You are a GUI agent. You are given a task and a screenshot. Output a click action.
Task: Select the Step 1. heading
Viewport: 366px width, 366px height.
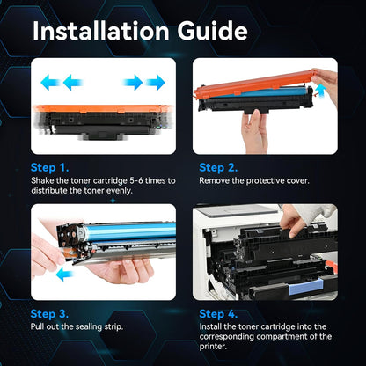(x=51, y=167)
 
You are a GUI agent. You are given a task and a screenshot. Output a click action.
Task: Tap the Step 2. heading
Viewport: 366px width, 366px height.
(x=218, y=167)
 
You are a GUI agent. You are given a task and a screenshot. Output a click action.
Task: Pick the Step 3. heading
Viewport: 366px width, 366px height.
(x=51, y=313)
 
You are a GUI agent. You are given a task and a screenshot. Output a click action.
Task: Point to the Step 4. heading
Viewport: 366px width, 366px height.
(x=218, y=313)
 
